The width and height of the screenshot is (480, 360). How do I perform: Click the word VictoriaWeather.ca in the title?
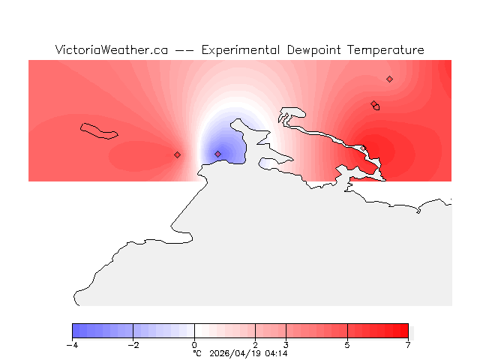click(x=111, y=50)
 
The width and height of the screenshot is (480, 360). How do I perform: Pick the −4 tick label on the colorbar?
click(x=72, y=345)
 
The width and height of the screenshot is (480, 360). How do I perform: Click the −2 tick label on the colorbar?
click(x=133, y=345)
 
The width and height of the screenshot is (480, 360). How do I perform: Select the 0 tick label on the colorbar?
click(x=194, y=345)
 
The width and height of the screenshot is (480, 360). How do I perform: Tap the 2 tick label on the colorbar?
click(x=256, y=345)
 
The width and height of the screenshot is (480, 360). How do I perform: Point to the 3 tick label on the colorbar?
click(x=286, y=345)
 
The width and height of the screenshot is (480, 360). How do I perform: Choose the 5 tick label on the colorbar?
click(x=347, y=345)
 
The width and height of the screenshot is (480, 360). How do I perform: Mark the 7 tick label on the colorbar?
click(x=408, y=345)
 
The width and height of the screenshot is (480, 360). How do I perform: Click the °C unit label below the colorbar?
click(x=197, y=353)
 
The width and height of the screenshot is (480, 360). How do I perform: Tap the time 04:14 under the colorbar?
click(x=277, y=353)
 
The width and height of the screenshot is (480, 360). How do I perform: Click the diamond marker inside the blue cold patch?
click(x=218, y=154)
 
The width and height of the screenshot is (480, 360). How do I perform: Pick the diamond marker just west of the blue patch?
click(x=177, y=154)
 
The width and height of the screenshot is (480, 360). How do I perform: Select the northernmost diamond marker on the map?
click(x=389, y=79)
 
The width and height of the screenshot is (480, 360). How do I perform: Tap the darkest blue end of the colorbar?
click(x=75, y=331)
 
